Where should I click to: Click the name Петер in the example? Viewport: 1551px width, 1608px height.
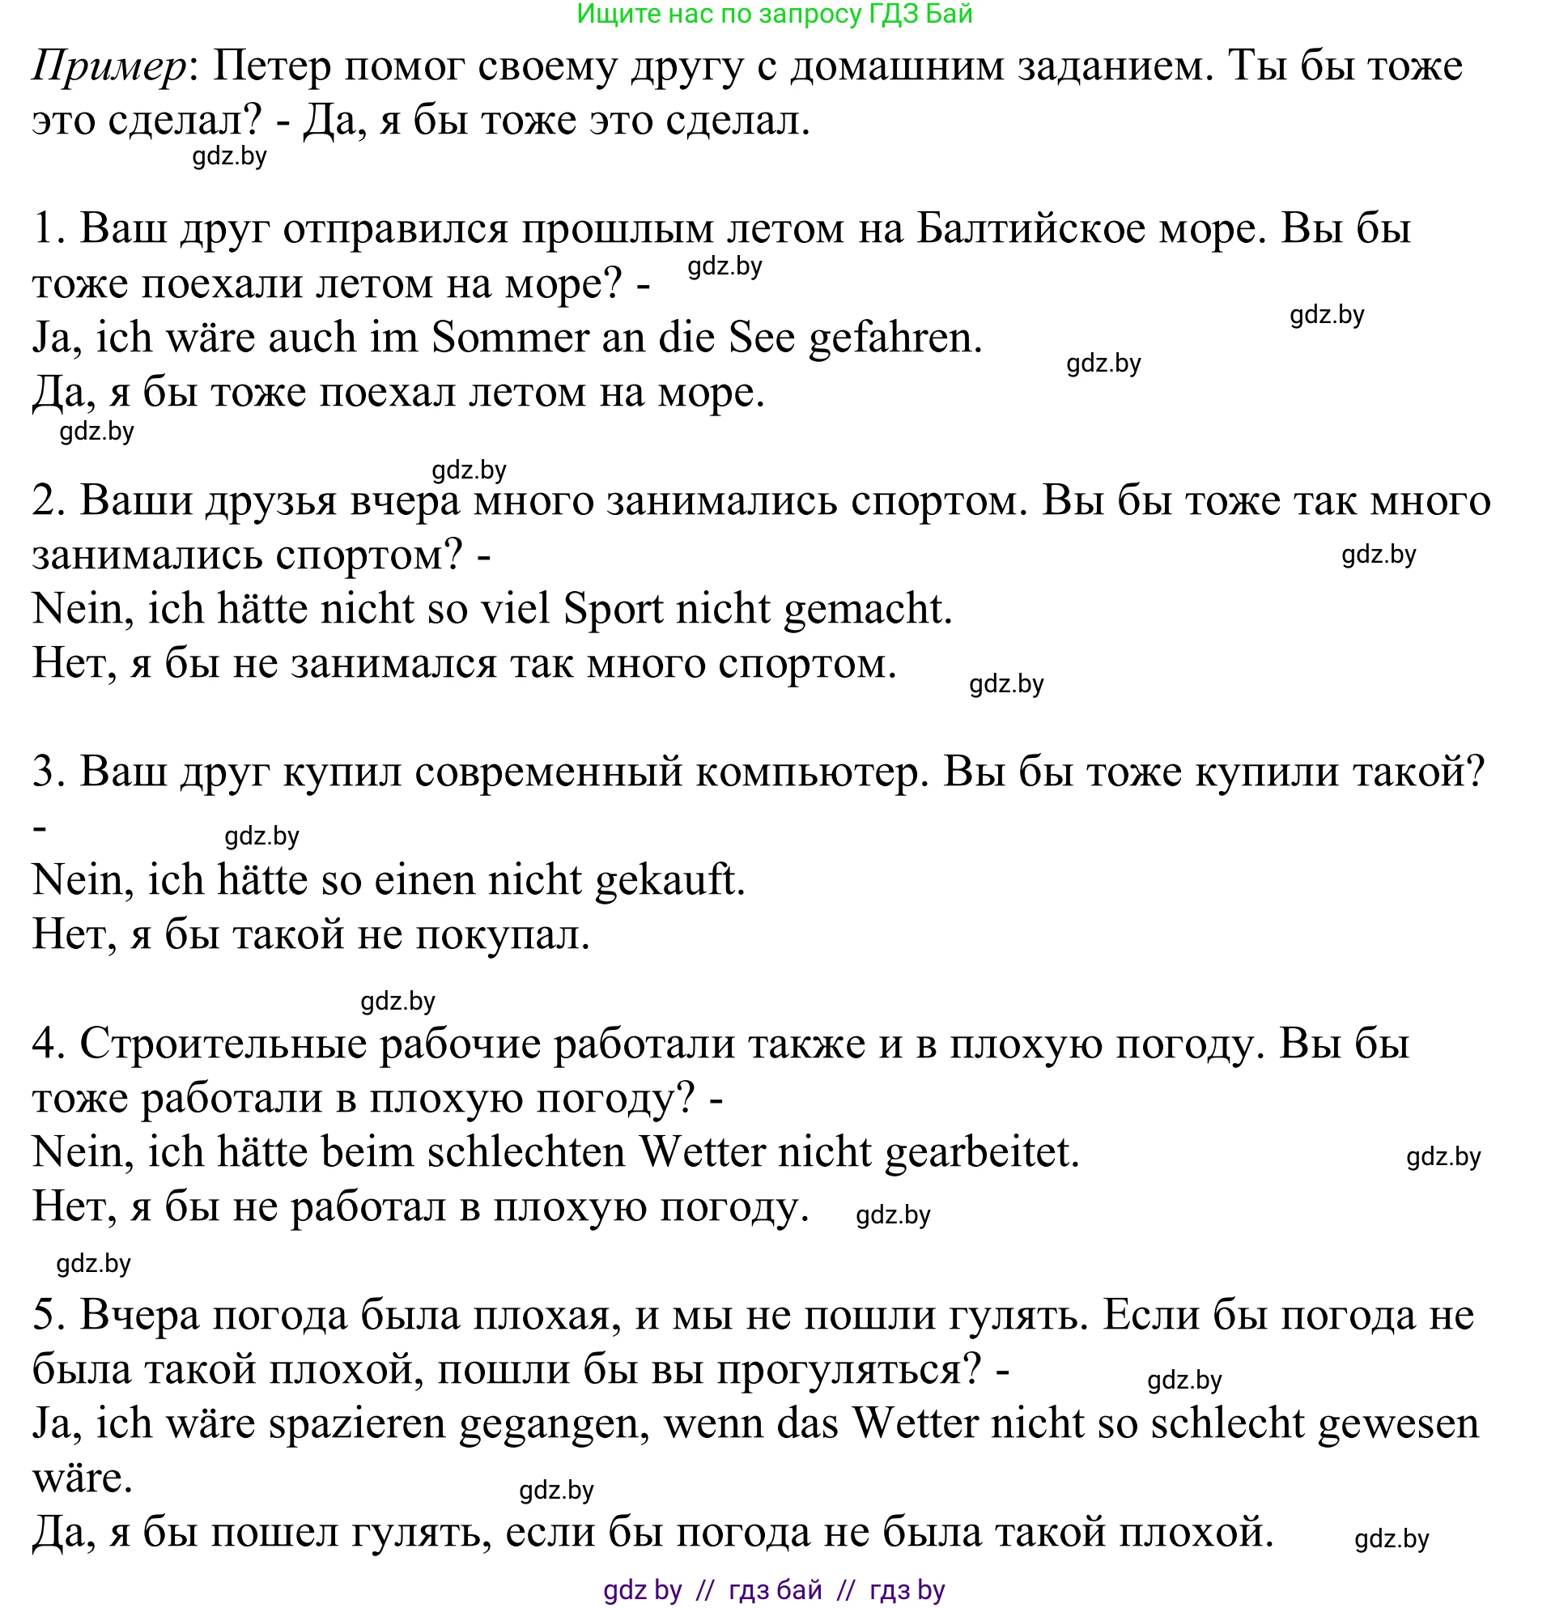coord(270,66)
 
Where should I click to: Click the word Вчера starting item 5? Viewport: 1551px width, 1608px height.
coord(139,1315)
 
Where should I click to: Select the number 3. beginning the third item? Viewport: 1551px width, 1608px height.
coord(49,772)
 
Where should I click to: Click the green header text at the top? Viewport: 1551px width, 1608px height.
coord(774,14)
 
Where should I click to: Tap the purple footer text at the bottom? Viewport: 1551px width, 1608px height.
coord(774,1590)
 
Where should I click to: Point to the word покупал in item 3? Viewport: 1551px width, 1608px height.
coord(502,935)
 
